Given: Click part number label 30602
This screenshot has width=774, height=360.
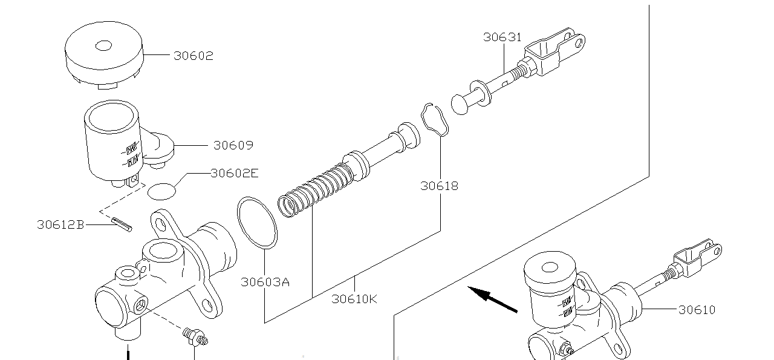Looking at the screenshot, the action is [x=193, y=56].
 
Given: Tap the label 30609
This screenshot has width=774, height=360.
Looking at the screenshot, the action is [x=233, y=145].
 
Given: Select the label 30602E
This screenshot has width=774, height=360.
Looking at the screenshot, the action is [x=235, y=173].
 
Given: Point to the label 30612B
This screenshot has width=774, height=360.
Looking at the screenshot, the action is [x=60, y=225].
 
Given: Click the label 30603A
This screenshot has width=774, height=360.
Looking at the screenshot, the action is [x=265, y=282].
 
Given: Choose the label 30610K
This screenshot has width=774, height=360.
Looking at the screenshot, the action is [x=354, y=299].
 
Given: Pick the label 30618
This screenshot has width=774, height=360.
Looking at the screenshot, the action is [x=439, y=186].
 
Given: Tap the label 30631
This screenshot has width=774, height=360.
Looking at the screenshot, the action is [x=502, y=37].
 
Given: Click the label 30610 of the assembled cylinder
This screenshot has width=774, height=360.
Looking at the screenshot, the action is [x=697, y=310].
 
